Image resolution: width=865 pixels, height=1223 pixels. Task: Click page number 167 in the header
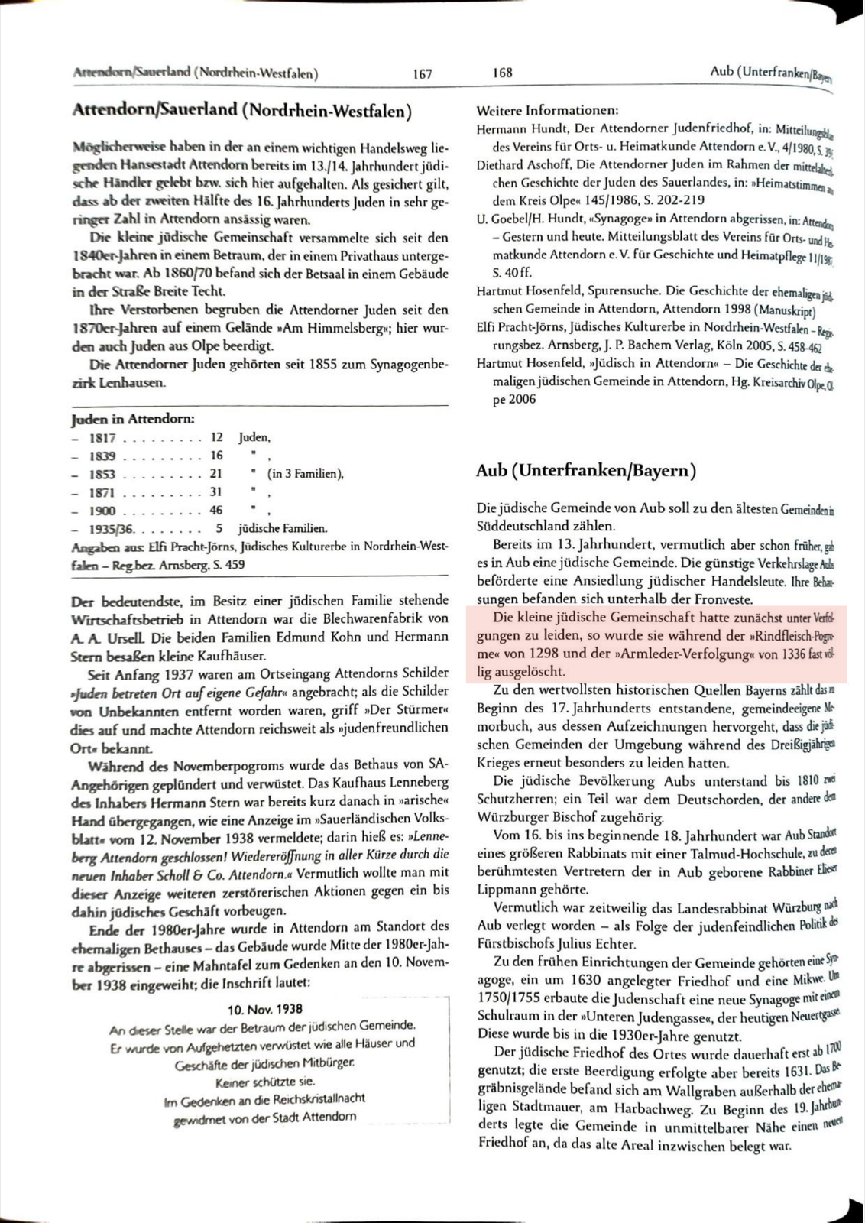coord(422,74)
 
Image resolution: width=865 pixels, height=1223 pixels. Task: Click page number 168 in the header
coord(503,73)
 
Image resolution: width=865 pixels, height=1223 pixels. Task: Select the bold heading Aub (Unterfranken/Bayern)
coord(586,471)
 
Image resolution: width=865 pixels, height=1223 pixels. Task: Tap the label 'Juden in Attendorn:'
coord(133,419)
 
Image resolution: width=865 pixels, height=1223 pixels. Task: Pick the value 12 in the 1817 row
coord(216,437)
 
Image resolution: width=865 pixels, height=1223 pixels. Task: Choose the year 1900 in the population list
coord(102,511)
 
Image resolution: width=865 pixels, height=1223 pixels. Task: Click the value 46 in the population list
coord(216,510)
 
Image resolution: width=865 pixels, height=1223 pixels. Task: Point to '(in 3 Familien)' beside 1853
coord(305,474)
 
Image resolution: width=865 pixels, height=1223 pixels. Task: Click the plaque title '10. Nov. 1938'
coord(264,1009)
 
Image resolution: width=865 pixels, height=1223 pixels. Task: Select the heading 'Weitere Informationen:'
coord(547,110)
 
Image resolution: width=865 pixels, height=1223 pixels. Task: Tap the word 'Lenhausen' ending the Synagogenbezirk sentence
coord(117,382)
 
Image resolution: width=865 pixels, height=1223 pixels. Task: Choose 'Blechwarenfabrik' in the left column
coord(362,618)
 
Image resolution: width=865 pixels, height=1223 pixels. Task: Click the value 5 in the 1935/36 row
coord(219,528)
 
